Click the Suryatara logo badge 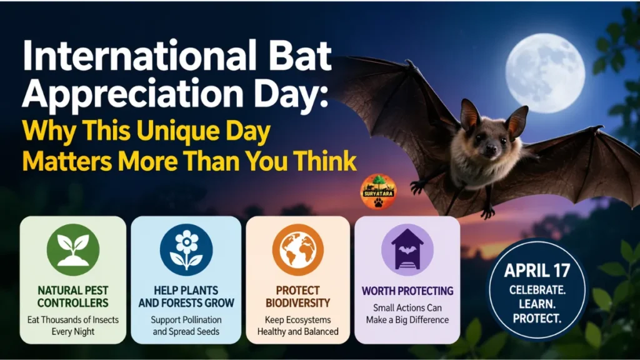(x=378, y=191)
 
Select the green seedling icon (x=73, y=249)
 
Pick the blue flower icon (x=186, y=249)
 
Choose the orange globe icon (x=297, y=249)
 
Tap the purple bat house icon (x=407, y=249)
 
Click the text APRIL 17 (x=537, y=271)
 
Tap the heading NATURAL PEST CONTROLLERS (x=73, y=297)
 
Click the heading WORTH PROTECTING (x=407, y=291)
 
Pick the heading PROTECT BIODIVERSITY (x=297, y=297)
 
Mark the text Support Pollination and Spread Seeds (x=186, y=326)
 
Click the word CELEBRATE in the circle (x=537, y=290)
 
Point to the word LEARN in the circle (x=537, y=304)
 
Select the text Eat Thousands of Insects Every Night (x=73, y=326)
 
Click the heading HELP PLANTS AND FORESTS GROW (x=186, y=297)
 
